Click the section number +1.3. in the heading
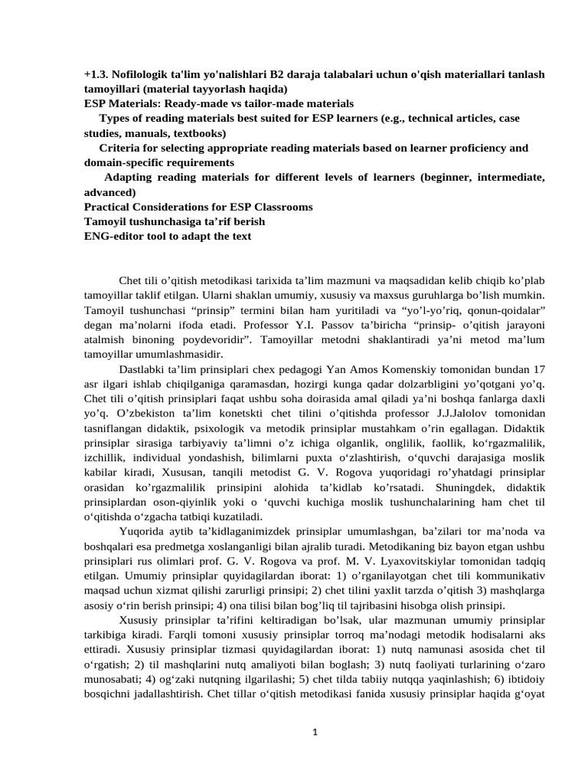click(96, 74)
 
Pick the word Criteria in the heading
click(122, 148)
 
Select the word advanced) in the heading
click(109, 192)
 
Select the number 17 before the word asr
click(538, 369)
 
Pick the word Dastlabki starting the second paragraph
click(144, 369)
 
